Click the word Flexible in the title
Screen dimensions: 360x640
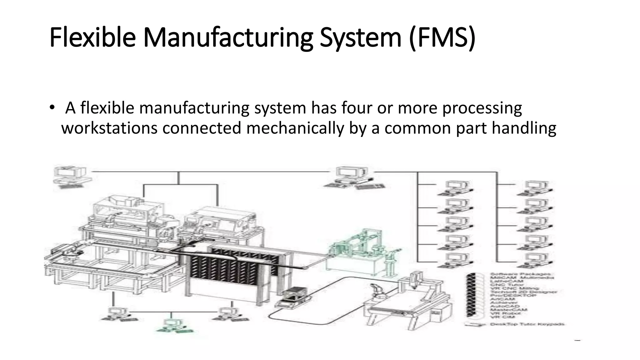click(92, 37)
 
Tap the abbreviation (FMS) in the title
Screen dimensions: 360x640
click(442, 37)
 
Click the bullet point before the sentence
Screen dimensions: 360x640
click(52, 108)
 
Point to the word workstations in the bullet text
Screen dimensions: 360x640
click(109, 128)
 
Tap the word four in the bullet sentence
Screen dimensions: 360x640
click(357, 108)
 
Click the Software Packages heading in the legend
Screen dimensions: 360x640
click(520, 274)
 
